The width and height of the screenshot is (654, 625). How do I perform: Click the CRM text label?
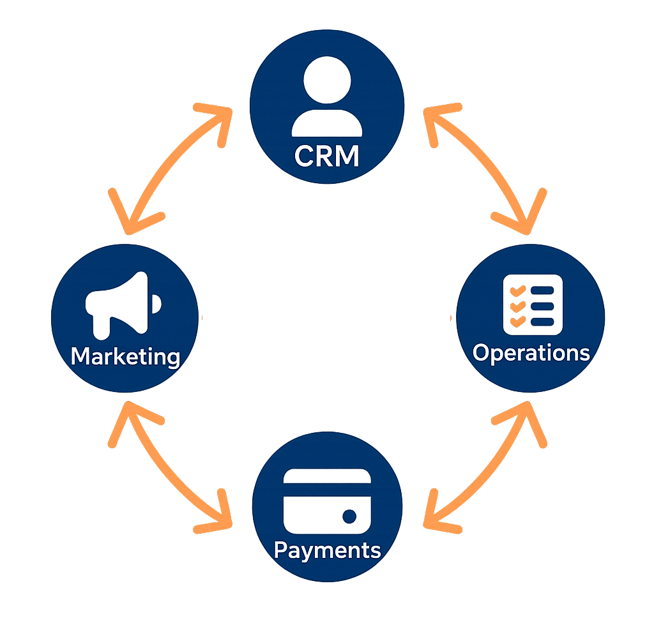(326, 155)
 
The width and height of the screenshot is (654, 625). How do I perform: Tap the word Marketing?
(125, 356)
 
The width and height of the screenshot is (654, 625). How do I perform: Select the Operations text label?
(531, 353)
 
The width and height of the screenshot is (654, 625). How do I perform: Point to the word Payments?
(327, 550)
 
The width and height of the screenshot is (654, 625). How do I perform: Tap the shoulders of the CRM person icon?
(327, 123)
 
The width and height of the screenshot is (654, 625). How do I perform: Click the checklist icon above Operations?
(531, 305)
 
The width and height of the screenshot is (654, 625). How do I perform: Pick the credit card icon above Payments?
(327, 501)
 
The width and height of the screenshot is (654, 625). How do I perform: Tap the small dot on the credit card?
(349, 516)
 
